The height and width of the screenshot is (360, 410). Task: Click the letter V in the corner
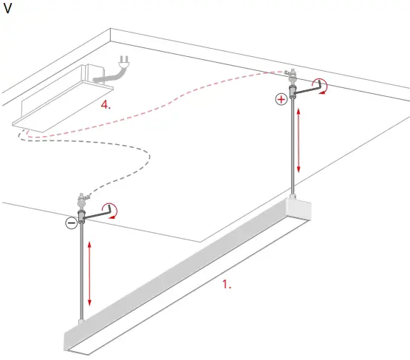click(8, 10)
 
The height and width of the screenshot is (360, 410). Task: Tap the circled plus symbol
click(280, 99)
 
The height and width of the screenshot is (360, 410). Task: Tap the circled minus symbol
click(71, 223)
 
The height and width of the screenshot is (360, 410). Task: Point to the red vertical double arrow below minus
click(89, 273)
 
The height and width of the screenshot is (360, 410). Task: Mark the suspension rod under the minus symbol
click(81, 274)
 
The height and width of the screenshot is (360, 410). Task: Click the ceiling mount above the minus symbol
click(81, 200)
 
